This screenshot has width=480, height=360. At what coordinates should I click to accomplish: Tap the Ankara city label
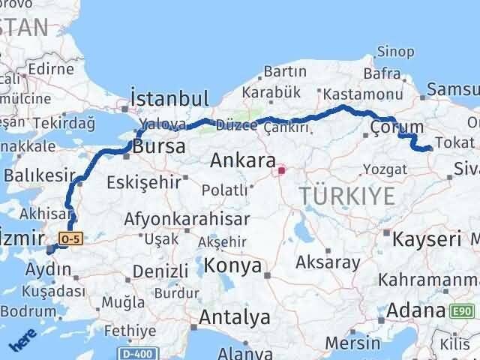(242, 160)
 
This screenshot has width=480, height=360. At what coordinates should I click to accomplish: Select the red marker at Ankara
(281, 170)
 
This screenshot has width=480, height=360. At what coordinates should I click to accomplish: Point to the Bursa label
(158, 147)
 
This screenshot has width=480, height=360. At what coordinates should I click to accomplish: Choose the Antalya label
(234, 317)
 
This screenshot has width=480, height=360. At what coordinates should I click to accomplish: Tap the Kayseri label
(427, 240)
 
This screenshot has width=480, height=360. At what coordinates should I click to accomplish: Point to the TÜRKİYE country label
(346, 197)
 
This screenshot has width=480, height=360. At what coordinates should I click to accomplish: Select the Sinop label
(394, 52)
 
